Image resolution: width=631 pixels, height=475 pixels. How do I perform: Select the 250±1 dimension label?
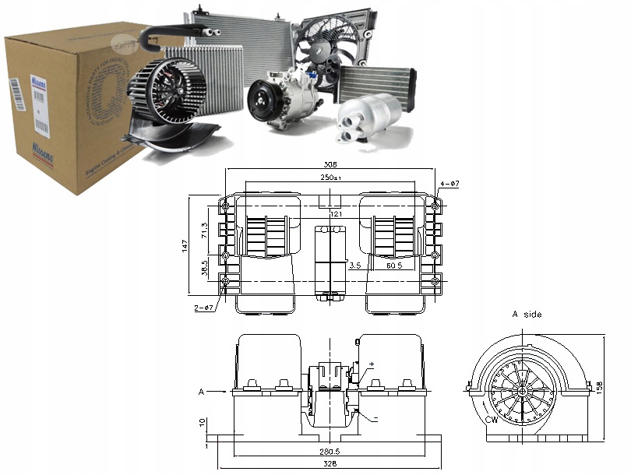tap(330, 178)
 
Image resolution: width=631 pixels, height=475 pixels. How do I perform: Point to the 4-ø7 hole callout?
tap(451, 184)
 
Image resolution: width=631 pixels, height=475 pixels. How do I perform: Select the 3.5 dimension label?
tap(354, 266)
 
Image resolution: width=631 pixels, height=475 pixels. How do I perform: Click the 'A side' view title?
tap(527, 315)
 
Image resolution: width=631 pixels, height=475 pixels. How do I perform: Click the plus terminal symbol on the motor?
tap(371, 364)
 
